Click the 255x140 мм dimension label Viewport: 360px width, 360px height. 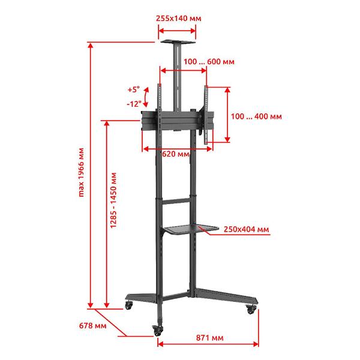point(178,19)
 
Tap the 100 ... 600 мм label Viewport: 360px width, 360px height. point(209,62)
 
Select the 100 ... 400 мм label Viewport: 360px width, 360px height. point(256,116)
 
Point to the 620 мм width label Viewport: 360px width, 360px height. point(176,154)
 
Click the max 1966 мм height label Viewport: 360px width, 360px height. point(81,172)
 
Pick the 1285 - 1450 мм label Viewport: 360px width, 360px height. point(113,200)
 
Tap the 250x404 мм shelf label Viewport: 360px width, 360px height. point(246,229)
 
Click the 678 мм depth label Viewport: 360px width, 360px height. point(93,326)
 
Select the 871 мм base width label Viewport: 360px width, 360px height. point(209,338)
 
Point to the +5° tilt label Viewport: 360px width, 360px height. point(134,89)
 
